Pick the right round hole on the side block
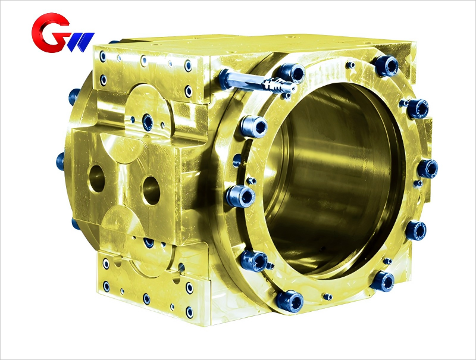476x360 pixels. tap(152, 189)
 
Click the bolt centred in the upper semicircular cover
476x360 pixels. tap(147, 122)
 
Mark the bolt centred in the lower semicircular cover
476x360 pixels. tap(148, 243)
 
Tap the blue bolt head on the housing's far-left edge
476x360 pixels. tap(61, 160)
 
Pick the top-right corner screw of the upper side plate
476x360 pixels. tap(189, 65)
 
